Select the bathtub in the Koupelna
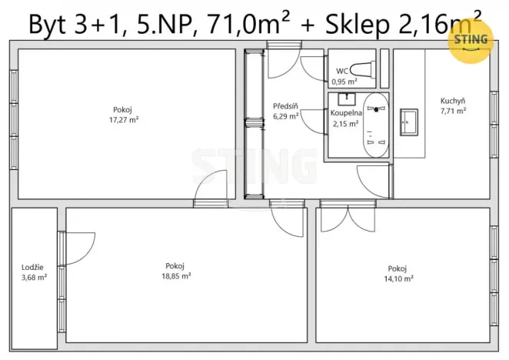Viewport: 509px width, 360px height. (x=376, y=125)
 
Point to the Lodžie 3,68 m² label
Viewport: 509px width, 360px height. (x=34, y=272)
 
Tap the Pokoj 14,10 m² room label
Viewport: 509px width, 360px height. (x=400, y=274)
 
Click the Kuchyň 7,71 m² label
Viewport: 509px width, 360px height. (x=453, y=106)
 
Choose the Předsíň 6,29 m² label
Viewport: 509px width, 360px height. (x=285, y=111)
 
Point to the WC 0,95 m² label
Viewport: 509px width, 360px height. (x=344, y=75)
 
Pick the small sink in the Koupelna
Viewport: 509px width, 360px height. (x=344, y=99)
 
